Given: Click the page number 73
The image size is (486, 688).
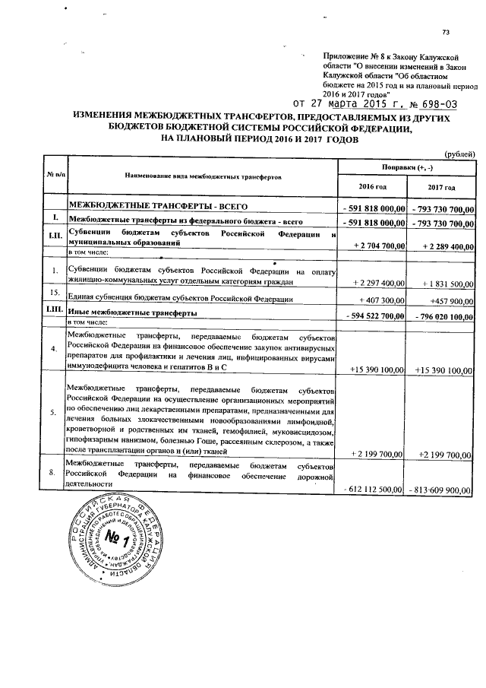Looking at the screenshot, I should pos(446,31).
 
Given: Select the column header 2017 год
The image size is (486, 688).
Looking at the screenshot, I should pos(441,187).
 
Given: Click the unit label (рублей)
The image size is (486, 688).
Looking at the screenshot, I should pos(459,153).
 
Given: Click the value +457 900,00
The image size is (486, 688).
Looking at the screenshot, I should pos(448,300).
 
